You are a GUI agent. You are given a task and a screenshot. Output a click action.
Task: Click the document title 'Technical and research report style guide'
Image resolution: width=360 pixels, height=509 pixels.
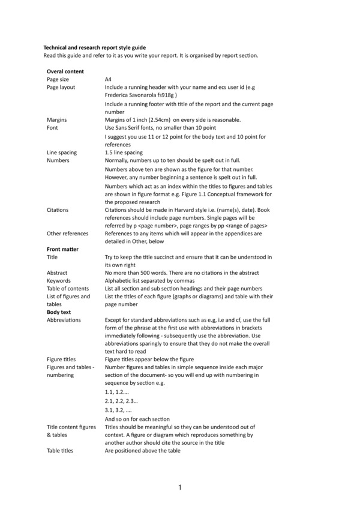click(x=94, y=47)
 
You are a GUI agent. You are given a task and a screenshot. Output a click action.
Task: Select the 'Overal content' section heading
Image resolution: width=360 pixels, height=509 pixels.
click(x=65, y=71)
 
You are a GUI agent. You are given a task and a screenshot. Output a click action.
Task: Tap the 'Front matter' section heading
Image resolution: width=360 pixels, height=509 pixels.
click(x=63, y=248)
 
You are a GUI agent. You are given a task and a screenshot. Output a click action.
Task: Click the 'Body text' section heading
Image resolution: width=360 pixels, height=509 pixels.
click(x=59, y=312)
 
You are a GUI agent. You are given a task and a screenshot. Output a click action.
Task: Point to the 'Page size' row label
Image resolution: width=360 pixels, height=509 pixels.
click(x=58, y=79)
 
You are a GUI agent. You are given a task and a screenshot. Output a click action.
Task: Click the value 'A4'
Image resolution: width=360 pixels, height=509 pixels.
click(x=108, y=79)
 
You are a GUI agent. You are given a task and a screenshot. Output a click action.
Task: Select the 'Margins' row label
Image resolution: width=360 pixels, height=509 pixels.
click(x=56, y=119)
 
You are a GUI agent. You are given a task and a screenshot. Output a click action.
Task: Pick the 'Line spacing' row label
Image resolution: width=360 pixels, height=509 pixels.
click(x=62, y=152)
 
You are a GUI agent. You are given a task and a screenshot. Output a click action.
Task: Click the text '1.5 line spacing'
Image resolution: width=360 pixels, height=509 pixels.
click(x=124, y=152)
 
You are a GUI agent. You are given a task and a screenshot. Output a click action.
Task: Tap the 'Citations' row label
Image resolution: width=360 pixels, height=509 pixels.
click(x=58, y=210)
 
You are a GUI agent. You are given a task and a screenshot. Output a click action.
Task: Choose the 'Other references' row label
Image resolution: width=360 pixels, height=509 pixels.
click(x=67, y=233)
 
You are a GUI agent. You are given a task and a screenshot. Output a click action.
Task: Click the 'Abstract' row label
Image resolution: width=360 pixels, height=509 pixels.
click(x=57, y=272)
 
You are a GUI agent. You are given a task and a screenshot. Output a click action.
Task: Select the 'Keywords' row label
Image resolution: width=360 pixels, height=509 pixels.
click(x=59, y=280)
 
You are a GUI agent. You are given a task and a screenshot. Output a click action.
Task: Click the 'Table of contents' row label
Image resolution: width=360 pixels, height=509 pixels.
click(x=68, y=288)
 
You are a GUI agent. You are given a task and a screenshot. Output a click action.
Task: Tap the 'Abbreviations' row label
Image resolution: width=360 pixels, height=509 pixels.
click(x=64, y=321)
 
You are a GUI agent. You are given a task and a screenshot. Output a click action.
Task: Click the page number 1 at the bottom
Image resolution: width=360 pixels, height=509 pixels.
click(x=180, y=488)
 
